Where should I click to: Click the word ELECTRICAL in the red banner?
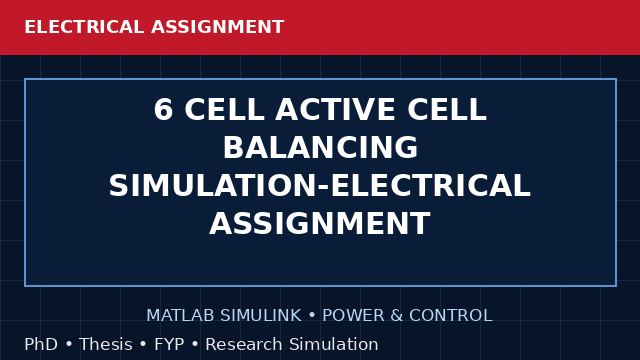point(84,27)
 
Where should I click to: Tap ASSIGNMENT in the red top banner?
point(217,27)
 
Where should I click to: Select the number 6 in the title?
point(163,109)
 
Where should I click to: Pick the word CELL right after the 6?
point(224,109)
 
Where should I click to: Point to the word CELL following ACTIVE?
point(447,109)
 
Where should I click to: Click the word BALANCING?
point(320,147)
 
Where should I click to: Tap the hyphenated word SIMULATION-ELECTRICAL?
point(320,185)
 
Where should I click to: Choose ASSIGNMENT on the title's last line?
point(320,223)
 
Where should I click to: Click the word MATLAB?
point(180,316)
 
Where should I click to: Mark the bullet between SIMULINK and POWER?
point(312,316)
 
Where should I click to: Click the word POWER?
point(353,316)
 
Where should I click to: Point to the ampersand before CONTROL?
point(397,316)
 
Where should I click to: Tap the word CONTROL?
point(451,316)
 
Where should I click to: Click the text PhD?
point(41,344)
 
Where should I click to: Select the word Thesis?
point(106,344)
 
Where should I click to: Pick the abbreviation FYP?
point(169,344)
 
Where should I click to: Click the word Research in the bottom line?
point(244,344)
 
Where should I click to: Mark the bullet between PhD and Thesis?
point(69,344)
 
